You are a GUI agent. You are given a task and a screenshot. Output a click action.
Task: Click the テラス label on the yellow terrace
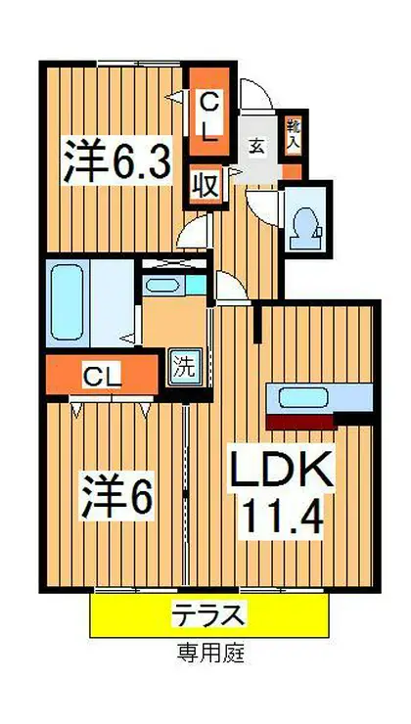coord(209,615)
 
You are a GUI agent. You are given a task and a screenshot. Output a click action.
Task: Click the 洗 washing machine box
coord(182,370)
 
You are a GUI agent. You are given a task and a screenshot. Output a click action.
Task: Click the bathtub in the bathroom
coord(69,294)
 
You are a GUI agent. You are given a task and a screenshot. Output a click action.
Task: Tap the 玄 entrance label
coord(251,147)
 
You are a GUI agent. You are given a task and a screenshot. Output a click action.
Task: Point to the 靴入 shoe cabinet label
coord(293,131)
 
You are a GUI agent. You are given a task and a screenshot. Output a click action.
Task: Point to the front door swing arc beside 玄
coord(256,94)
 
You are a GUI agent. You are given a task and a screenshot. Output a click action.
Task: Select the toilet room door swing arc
coord(262,207)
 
